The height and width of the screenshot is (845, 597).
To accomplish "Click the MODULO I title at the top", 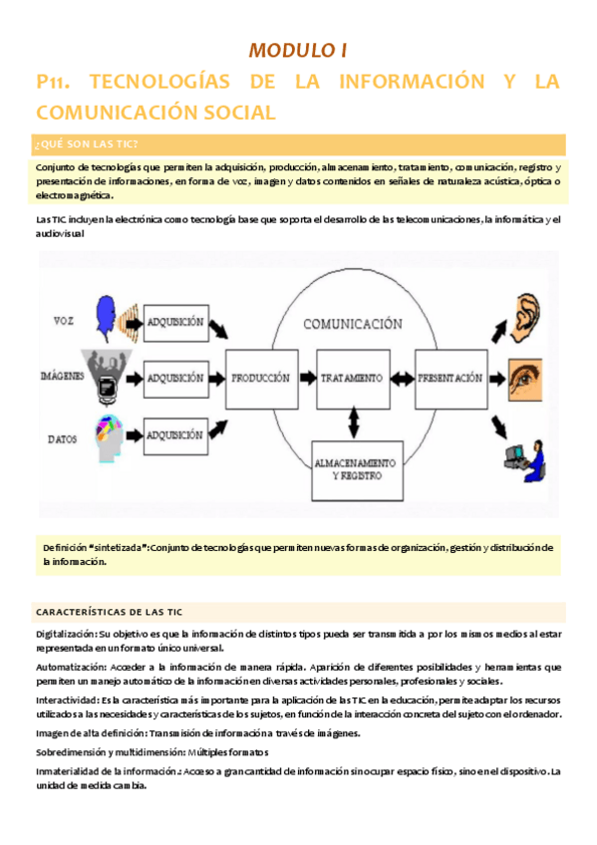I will coord(297,50).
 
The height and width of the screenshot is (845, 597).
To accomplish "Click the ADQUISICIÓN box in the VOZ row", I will coord(175,323).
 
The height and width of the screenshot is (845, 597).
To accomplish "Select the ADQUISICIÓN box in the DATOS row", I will coord(175,434).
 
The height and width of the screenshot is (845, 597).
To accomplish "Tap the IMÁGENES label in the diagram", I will coord(62,377).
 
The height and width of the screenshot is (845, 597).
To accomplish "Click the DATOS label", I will coord(64,437).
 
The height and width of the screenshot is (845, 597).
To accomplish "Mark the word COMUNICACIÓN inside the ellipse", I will coord(353,324).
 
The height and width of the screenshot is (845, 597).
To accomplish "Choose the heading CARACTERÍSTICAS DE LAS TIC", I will coord(109,611).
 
